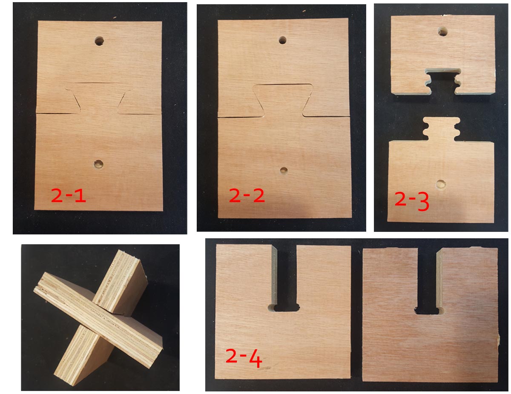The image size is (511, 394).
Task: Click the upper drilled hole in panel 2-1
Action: tap(99, 41)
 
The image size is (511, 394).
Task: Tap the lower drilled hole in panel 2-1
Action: tap(98, 165)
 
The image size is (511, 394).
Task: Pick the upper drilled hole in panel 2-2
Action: tap(282, 40)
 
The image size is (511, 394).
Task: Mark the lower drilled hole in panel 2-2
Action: tap(284, 171)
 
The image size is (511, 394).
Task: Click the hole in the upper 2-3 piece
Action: tap(443, 31)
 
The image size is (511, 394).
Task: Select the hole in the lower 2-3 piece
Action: tap(440, 184)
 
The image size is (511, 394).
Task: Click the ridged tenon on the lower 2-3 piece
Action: tap(442, 129)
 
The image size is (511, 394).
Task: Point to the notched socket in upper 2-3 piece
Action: tap(443, 82)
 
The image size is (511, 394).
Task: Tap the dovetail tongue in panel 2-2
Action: tap(283, 100)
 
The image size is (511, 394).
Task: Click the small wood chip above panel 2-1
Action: tap(115, 17)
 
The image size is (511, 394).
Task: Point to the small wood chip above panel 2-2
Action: tap(304, 11)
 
